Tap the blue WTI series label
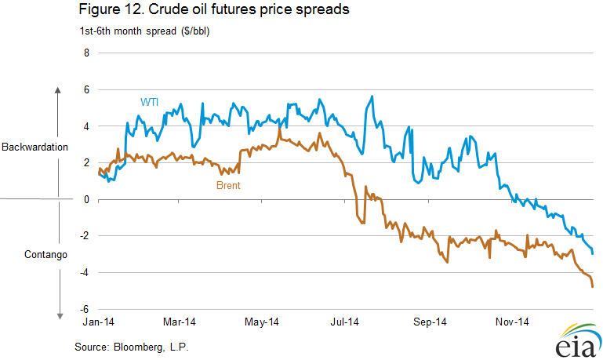click(x=150, y=101)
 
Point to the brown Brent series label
click(x=228, y=186)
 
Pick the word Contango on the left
click(x=45, y=255)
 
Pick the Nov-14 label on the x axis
click(x=512, y=322)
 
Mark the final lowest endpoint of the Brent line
click(x=592, y=286)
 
